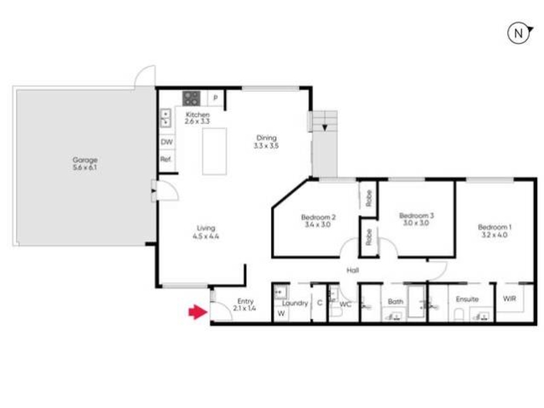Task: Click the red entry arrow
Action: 198,311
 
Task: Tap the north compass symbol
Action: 520,33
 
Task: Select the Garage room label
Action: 85,163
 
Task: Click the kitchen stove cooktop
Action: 192,98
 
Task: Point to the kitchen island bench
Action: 214,151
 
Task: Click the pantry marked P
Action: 216,98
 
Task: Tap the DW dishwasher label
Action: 167,142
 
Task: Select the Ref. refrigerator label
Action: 166,159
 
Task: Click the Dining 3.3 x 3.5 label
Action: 266,141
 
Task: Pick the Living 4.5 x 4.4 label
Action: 206,232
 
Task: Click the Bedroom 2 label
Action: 318,221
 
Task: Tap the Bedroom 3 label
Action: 416,219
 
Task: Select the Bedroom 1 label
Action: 495,231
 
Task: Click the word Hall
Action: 352,270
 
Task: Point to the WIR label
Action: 509,299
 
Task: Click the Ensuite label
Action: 467,299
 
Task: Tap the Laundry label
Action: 295,303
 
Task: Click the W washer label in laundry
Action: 282,313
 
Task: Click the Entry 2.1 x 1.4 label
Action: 245,305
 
